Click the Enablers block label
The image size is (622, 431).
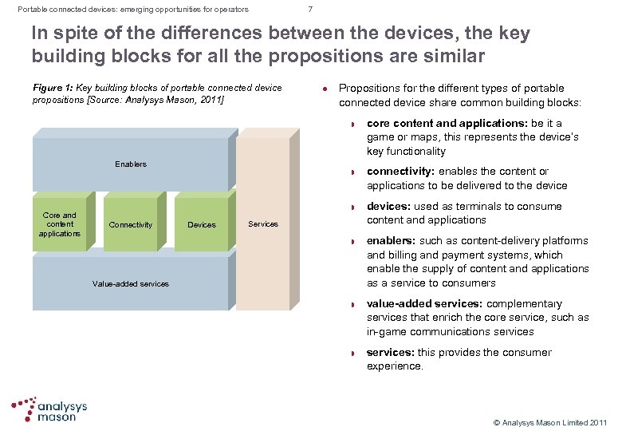pos(131,164)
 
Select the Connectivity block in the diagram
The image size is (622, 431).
pos(131,224)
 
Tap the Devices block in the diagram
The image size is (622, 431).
pos(201,224)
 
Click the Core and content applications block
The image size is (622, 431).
pos(60,224)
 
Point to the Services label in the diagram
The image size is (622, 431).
pos(263,223)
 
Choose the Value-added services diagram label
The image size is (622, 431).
pos(131,283)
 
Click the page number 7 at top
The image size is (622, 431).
pos(310,10)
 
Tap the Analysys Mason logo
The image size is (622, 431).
pos(49,409)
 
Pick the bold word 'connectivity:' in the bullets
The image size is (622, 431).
pos(401,172)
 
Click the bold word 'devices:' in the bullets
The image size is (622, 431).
pos(389,206)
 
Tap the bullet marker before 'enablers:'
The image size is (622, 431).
pos(353,241)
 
